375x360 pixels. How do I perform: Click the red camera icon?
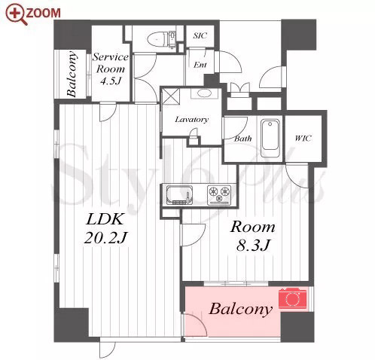point(293,298)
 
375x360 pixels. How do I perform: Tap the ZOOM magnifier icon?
point(16,14)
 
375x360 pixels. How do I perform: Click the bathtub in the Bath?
point(270,138)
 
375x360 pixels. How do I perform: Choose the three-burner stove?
point(219,194)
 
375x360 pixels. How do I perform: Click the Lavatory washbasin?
point(206,93)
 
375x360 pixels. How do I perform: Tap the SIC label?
point(200,35)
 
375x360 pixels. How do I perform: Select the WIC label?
point(303,138)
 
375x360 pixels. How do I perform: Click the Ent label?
point(200,65)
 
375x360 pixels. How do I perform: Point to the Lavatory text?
point(191,120)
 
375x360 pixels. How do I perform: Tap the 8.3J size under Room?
point(253,246)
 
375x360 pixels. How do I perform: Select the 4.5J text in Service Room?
point(111,81)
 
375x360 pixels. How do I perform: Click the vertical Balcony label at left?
point(72,74)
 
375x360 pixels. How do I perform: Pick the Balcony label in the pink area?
point(240,309)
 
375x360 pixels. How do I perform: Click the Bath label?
point(242,139)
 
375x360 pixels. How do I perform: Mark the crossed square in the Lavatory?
point(171,96)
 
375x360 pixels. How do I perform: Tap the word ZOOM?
point(43,13)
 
